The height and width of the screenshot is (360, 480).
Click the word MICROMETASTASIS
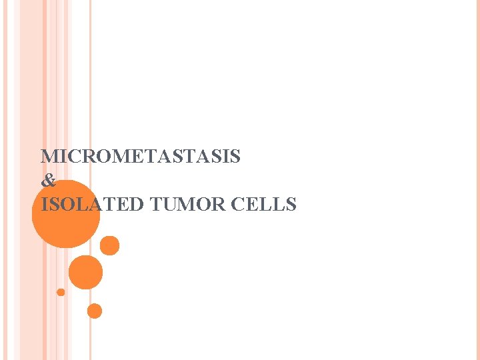141,157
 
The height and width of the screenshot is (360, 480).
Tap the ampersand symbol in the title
48,181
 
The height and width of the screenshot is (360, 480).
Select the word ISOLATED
92,205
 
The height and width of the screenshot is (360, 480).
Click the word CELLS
264,205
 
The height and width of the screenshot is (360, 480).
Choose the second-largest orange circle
85,272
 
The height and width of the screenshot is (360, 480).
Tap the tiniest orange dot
61,292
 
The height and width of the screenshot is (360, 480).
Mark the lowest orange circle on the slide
95,311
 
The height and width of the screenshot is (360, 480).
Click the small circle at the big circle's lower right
110,246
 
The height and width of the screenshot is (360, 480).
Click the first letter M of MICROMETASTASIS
49,157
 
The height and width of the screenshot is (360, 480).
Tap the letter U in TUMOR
170,205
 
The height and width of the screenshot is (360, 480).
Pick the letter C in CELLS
238,205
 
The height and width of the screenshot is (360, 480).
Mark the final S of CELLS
291,205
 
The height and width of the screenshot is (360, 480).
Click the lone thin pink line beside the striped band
90,100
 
